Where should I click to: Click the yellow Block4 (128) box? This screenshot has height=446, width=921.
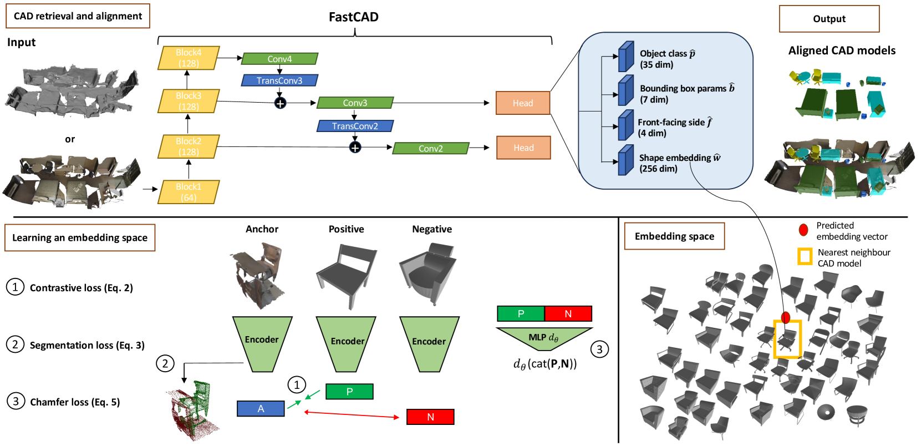coord(189,58)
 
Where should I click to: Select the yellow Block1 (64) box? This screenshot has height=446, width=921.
coord(189,192)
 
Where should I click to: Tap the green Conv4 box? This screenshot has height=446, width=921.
coord(279,59)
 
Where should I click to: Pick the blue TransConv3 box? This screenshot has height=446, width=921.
coord(279,80)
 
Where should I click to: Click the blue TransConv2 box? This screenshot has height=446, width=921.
coord(355,126)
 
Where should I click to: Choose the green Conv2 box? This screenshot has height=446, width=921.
coord(431,149)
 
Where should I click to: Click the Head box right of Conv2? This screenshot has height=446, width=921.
coord(523,148)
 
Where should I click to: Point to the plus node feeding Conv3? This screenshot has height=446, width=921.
coord(280,103)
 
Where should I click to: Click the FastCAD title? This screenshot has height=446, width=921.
coord(354,17)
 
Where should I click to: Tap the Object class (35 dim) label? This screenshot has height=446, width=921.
coord(667,59)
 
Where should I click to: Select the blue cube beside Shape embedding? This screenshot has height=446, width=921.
coord(626,160)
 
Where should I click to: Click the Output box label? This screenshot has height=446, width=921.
coord(830,19)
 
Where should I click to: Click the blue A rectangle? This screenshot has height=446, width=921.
coord(261,409)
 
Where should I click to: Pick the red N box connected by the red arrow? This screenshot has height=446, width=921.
coord(430,417)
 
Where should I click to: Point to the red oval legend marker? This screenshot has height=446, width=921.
coord(803,230)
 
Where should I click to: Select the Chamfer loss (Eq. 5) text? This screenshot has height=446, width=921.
coord(75,402)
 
